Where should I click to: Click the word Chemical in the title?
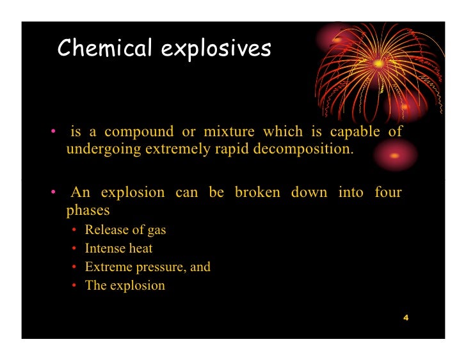[x=104, y=49]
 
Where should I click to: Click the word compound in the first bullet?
[x=139, y=132]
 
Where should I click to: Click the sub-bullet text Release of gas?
[x=125, y=230]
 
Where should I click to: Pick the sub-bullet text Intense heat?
[x=118, y=248]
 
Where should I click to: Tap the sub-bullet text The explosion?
[x=125, y=285]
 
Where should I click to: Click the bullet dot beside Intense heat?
[x=75, y=248]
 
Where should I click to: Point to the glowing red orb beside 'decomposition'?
[x=395, y=155]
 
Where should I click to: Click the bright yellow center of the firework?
[x=379, y=63]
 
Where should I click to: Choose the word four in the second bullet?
[x=388, y=192]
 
